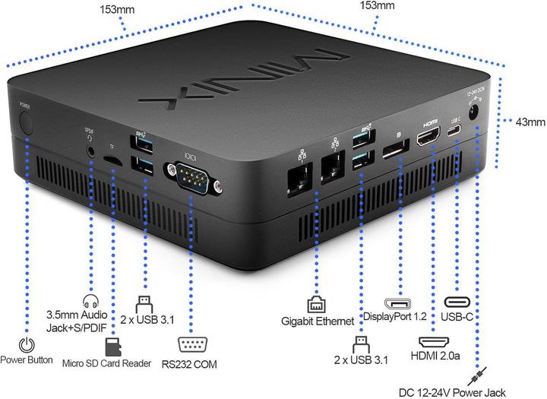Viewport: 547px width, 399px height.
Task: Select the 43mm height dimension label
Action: point(530,122)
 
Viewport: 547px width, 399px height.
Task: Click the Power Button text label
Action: point(27,359)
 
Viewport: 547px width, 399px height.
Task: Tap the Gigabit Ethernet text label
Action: point(317,321)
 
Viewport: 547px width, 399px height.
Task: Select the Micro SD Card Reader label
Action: point(106,363)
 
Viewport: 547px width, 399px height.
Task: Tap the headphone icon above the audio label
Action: point(90,299)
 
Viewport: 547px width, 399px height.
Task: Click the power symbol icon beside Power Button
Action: point(27,344)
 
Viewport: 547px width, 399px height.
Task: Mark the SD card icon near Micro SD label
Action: point(114,348)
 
